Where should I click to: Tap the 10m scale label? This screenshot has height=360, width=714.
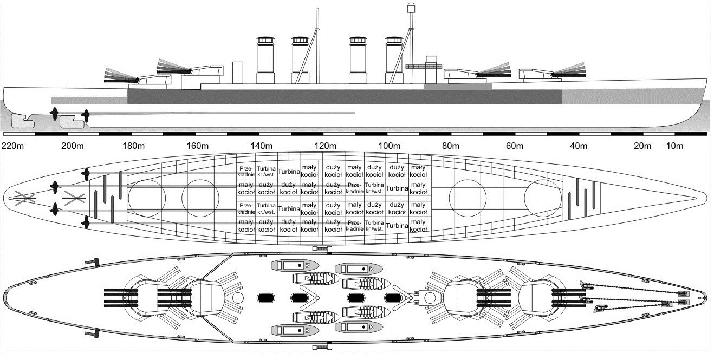(674, 146)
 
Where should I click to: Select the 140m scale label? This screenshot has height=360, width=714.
(261, 146)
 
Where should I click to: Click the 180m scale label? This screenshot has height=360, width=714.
(134, 146)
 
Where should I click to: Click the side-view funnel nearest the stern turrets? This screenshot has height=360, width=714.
(265, 61)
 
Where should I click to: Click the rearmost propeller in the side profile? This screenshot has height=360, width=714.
(54, 114)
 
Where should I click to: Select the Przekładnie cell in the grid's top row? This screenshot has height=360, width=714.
(245, 171)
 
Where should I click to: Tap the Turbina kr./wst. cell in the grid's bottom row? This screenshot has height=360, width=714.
(375, 226)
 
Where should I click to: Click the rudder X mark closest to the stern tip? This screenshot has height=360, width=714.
(24, 199)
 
